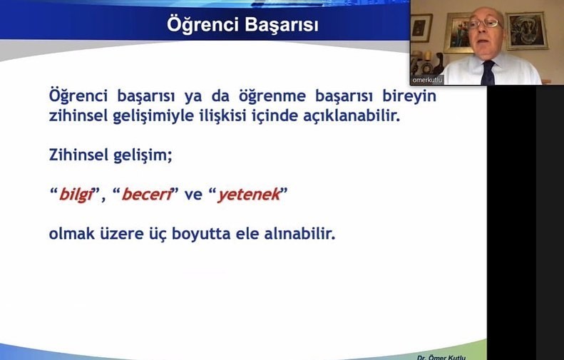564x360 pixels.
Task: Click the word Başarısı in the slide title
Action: tap(282, 25)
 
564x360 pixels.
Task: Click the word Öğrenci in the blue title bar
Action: tap(203, 24)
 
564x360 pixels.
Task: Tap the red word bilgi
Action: tap(76, 195)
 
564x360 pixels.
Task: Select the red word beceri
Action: tap(146, 195)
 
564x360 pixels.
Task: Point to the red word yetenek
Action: tap(249, 195)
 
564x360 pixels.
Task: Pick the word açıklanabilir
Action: tap(352, 115)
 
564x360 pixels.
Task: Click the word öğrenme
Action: tap(272, 96)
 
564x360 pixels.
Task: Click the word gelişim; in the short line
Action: tap(143, 155)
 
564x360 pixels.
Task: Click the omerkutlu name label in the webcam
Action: tap(427, 80)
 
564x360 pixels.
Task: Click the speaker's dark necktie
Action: tap(488, 73)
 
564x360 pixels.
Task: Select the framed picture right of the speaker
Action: tap(527, 31)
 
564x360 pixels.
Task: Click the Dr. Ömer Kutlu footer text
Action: tap(441, 357)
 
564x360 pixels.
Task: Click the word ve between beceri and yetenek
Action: tap(193, 195)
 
